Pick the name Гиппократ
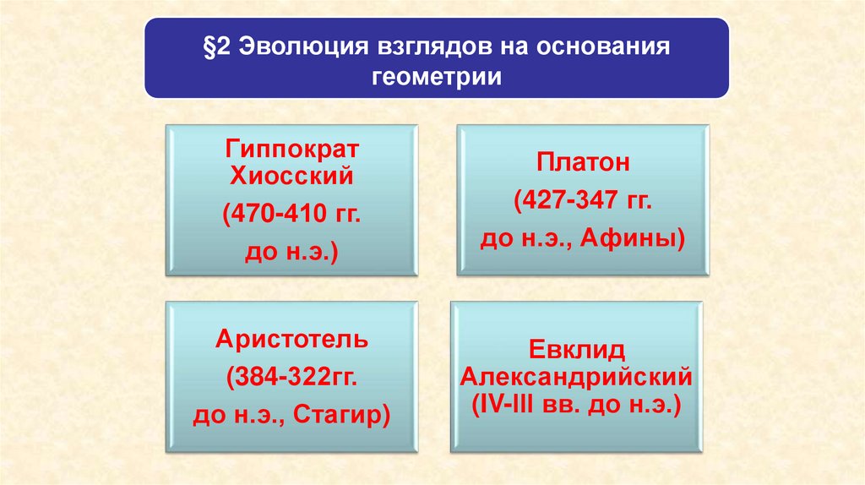click(292, 150)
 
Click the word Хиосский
click(292, 177)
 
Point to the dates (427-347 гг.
click(583, 201)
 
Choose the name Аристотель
click(292, 340)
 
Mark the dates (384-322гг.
click(292, 377)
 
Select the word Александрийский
click(575, 375)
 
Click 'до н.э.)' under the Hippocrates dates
click(292, 252)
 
